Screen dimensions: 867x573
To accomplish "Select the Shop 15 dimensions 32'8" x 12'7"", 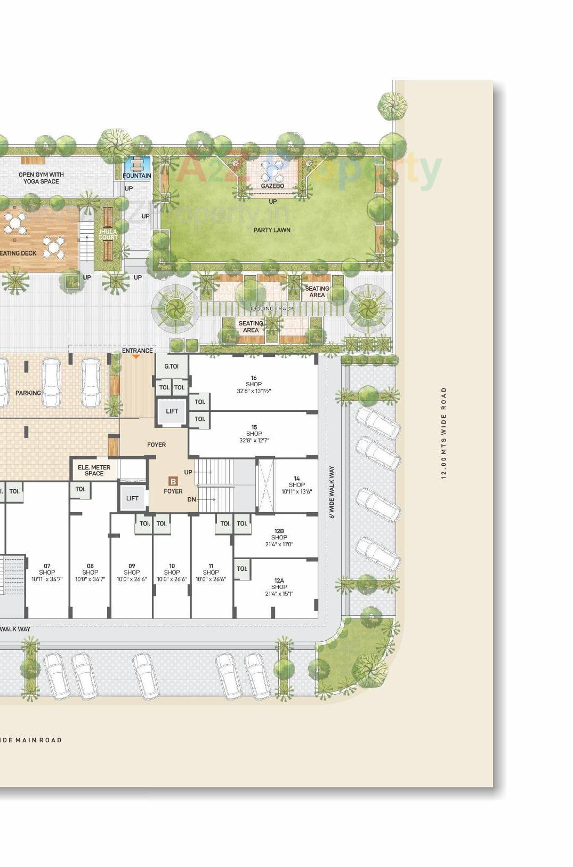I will point(254,441).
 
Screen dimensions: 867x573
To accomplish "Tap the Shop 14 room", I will point(296,485).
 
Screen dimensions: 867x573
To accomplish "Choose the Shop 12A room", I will point(279,587).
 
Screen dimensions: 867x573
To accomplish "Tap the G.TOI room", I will point(171,367).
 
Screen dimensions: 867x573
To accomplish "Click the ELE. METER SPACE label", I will point(94,470).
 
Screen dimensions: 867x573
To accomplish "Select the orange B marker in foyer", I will point(173,481).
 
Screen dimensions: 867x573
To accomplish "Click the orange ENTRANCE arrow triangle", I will point(136,356).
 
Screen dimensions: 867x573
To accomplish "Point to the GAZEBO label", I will point(272,186).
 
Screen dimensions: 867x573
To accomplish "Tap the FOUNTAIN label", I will point(137,176).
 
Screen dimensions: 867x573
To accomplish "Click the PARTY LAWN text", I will point(272,230).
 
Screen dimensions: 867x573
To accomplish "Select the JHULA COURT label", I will point(108,235).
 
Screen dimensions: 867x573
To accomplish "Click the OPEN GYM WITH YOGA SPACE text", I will point(41,178).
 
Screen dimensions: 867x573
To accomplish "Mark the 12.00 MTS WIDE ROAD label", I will point(443,433).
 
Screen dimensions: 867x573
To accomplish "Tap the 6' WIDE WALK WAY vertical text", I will point(332,492).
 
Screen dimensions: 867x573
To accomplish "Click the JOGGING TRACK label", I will point(272,308).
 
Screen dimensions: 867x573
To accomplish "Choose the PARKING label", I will point(28,393).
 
